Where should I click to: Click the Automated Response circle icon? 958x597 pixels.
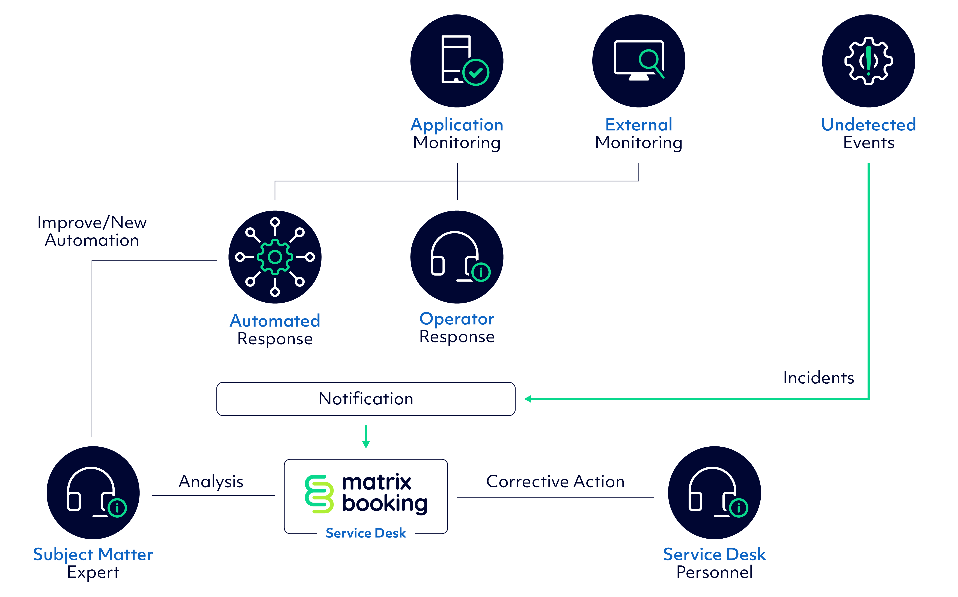click(275, 257)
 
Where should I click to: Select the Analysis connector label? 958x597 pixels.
click(211, 482)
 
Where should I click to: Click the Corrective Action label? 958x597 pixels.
click(555, 482)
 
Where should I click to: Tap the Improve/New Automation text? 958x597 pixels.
click(92, 231)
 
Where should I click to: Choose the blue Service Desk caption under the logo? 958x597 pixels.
click(366, 533)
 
